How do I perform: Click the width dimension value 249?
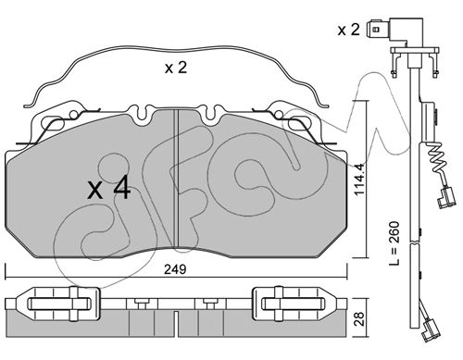175,269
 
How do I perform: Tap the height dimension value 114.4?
360,179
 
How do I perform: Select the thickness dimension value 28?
360,318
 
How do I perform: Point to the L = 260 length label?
394,243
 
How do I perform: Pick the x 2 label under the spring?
176,68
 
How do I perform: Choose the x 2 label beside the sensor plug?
348,30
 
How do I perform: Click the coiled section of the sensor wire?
436,159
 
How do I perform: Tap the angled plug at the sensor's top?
394,31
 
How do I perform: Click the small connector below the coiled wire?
446,197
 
